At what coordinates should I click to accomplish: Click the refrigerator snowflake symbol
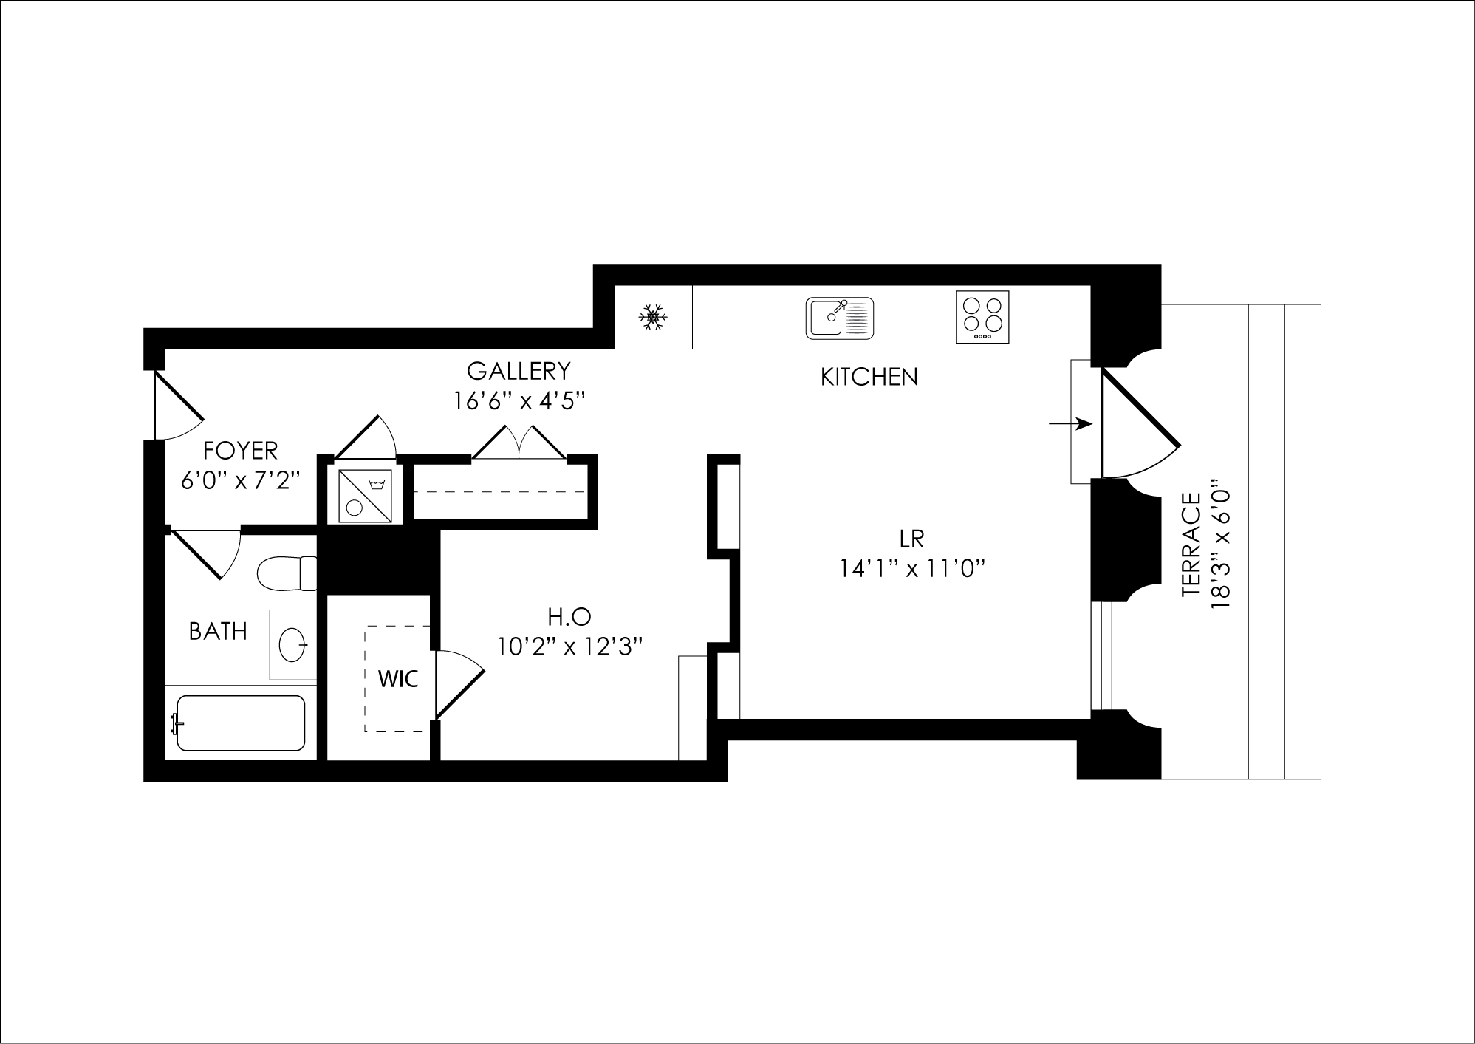(653, 317)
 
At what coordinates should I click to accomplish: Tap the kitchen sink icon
(839, 318)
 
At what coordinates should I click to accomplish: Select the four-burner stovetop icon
(982, 317)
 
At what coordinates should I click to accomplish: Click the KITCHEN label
(869, 377)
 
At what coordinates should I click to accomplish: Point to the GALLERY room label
(519, 370)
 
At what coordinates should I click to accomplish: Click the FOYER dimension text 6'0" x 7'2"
(241, 480)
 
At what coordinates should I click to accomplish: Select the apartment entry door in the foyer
(177, 406)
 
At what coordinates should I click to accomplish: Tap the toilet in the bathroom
(287, 573)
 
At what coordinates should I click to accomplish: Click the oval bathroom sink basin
(294, 645)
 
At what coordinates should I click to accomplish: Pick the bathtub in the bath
(241, 723)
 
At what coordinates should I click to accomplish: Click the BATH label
(218, 631)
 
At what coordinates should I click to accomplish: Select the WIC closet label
(398, 679)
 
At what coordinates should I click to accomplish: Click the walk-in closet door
(458, 683)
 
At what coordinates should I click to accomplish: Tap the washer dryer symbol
(365, 497)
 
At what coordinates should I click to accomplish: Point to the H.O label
(569, 616)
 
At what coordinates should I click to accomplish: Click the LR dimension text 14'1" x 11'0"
(913, 569)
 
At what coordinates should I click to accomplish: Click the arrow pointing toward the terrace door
(1070, 424)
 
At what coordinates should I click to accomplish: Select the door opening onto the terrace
(1137, 425)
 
